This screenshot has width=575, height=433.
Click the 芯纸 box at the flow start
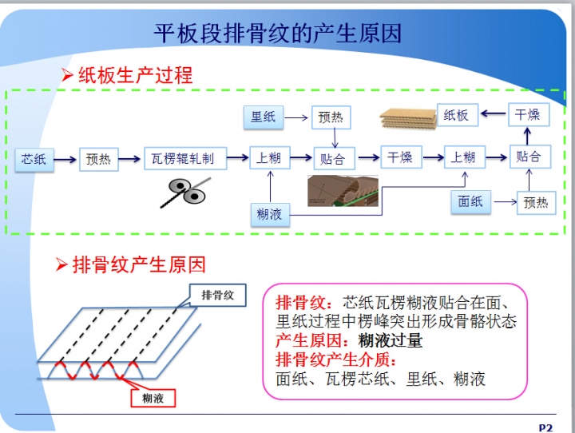[x=34, y=158]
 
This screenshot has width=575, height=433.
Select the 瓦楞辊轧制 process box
[x=185, y=158]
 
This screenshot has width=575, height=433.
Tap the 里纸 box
[x=263, y=117]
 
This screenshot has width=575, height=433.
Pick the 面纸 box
[x=470, y=202]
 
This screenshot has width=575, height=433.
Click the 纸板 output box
[x=456, y=115]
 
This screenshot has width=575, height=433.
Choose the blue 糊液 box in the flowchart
[x=269, y=214]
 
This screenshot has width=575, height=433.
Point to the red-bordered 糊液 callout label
[x=153, y=397]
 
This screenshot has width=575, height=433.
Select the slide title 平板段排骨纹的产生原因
[x=277, y=34]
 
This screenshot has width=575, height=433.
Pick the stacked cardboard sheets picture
[x=406, y=117]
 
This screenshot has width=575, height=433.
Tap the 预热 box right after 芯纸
[x=99, y=158]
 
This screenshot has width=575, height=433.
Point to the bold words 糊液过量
[x=391, y=340]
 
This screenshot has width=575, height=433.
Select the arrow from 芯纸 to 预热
[x=66, y=158]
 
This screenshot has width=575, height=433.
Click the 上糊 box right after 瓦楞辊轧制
[x=269, y=158]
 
